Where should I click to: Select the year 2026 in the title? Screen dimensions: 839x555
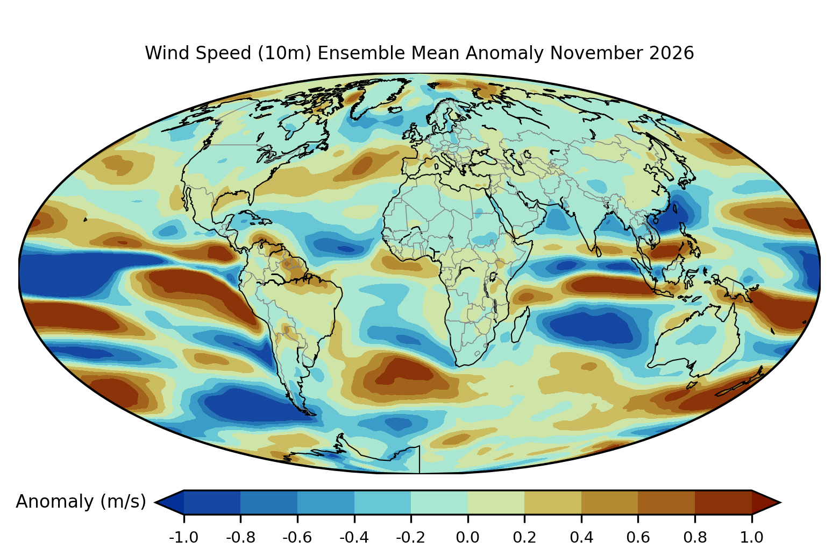pos(672,53)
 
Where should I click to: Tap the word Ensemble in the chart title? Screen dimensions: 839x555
pos(361,53)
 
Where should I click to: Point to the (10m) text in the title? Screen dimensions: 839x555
pos(285,53)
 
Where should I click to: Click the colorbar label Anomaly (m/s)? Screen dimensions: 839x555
pos(81,502)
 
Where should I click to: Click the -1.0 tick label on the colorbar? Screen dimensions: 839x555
pos(183,538)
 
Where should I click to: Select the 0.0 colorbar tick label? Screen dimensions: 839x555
pos(467,538)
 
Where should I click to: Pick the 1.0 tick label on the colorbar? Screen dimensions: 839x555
pos(752,538)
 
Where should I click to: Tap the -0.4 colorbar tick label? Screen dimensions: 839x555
pos(354,538)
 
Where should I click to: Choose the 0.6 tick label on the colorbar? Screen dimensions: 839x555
pos(638,538)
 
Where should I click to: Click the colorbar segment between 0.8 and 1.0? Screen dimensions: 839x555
pos(723,502)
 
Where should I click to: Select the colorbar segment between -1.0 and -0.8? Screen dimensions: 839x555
pos(212,502)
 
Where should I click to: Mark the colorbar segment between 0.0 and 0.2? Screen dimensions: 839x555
pos(496,502)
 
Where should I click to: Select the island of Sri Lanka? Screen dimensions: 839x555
pos(598,251)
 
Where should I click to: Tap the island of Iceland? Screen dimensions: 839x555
pos(395,110)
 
